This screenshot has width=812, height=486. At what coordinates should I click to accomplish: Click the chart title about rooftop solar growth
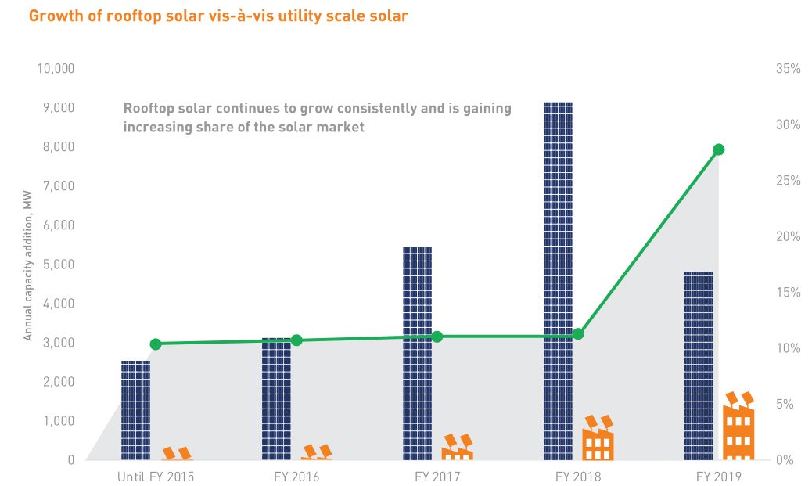tap(218, 15)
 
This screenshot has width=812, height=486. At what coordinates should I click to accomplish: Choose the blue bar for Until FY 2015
tap(135, 410)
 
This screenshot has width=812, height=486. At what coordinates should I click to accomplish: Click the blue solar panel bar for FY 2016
tap(276, 399)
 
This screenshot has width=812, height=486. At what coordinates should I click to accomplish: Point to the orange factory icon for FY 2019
tap(738, 427)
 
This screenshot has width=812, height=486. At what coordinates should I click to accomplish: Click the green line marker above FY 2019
tap(719, 149)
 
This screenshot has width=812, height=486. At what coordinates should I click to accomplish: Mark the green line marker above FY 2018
tap(578, 334)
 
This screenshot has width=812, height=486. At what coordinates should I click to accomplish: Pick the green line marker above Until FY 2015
tap(156, 344)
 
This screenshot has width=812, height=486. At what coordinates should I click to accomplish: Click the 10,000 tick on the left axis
tap(56, 69)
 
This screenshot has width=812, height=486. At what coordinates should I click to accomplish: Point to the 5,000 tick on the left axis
tap(59, 265)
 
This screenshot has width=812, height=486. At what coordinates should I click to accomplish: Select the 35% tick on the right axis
tap(788, 69)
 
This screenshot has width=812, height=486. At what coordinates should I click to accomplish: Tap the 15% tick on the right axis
tap(788, 293)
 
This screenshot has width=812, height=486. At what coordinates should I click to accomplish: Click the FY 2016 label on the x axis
tap(296, 476)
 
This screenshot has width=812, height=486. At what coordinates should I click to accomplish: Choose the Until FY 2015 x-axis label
tap(155, 476)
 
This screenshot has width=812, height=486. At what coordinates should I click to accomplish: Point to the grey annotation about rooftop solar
tap(317, 117)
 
